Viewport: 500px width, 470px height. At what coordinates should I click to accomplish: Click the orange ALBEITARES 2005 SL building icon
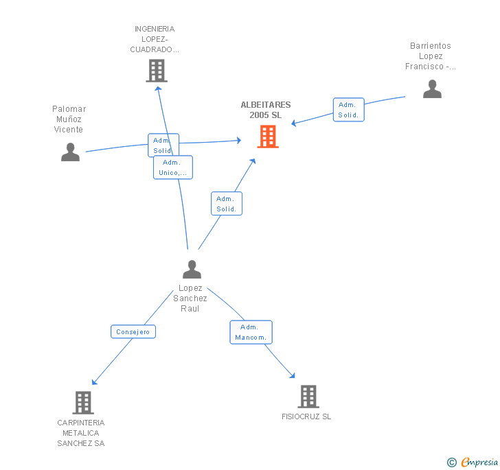268,137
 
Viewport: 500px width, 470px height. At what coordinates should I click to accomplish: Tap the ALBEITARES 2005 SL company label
266,110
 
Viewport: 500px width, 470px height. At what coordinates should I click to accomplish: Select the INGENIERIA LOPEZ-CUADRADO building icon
157,71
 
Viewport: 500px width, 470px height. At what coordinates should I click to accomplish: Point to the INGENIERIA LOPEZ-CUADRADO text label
155,39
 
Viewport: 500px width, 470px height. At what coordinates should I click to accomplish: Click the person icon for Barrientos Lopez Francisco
432,89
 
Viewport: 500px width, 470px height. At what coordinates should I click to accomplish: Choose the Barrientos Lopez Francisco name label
430,56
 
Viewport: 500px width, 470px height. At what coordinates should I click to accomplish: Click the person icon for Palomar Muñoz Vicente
70,152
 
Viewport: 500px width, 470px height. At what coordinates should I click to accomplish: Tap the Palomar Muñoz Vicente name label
69,119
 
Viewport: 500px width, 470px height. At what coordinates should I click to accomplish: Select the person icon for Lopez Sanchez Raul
192,269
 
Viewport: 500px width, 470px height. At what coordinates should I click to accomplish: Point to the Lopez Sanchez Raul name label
190,298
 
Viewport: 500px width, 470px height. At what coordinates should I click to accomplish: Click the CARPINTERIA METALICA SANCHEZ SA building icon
83,403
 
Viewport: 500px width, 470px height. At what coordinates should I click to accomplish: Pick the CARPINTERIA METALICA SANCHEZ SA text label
81,433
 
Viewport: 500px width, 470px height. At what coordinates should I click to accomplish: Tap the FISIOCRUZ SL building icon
308,397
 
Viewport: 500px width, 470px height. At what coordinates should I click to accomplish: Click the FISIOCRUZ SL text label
306,416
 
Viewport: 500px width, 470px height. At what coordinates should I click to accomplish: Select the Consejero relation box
133,331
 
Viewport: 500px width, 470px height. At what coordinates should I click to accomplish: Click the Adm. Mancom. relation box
251,332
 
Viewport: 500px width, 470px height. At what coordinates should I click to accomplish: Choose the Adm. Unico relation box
173,167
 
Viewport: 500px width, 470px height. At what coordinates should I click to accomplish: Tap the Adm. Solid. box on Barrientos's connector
348,110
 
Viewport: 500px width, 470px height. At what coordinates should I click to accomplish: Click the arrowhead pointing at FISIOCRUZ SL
293,376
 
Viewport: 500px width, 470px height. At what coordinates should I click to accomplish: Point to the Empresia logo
473,462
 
